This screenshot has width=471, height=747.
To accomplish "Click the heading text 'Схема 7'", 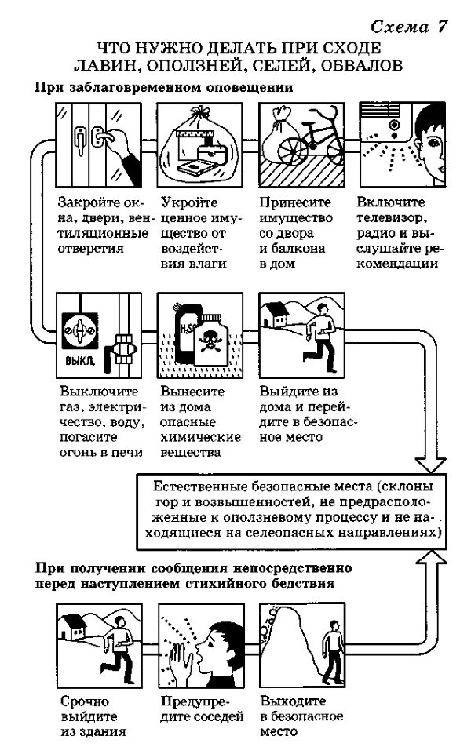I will coord(409,26).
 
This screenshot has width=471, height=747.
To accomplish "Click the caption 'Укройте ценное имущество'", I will coord(193,232).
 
